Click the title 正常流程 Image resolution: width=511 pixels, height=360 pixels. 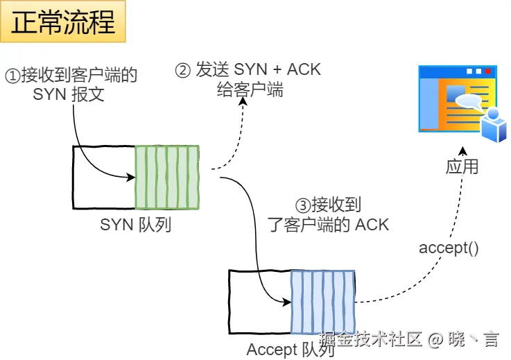63,23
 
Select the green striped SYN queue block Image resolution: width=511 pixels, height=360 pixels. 167,177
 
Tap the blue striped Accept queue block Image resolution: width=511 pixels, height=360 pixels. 322,302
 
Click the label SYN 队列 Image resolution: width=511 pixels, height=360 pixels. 136,225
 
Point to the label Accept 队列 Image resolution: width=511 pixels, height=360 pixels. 291,350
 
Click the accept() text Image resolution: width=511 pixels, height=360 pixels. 449,248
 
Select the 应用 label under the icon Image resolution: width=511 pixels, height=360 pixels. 462,166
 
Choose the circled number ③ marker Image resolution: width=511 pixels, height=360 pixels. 302,205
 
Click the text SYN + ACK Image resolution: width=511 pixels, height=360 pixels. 277,70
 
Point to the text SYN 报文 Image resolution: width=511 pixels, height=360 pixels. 69,94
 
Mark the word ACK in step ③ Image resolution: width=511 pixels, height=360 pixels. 372,224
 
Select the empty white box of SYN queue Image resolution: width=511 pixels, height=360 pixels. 103,177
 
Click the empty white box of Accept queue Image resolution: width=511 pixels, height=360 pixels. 259,302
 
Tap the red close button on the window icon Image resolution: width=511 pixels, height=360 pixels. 489,71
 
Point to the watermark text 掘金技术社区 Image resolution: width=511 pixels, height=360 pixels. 371,339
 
